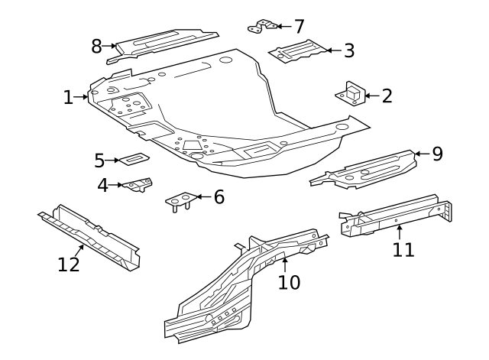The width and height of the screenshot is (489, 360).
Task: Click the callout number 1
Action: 68,97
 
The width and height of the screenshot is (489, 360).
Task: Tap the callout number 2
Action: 387,96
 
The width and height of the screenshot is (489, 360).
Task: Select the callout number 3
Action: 348,51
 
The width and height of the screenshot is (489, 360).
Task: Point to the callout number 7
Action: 298,26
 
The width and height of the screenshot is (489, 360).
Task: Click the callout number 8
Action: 97,46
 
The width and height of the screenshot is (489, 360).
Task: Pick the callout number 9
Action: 437,154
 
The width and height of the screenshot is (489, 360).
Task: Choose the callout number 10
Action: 289,282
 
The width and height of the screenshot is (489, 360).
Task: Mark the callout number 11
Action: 403,249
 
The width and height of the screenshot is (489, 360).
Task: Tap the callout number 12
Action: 69,264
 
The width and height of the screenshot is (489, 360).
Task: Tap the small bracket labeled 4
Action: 138,185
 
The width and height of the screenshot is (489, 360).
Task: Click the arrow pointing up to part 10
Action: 284,264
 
